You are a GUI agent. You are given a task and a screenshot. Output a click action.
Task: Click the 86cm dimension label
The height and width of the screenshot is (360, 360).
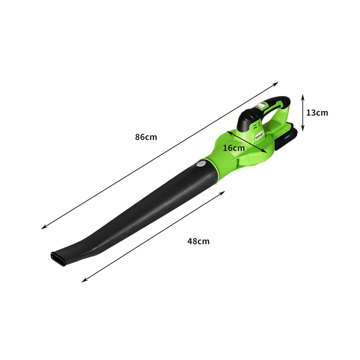(146, 137)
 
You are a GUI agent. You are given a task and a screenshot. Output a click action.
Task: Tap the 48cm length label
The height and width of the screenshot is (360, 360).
(199, 241)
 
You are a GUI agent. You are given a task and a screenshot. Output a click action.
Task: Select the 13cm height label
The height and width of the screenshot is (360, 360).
(317, 113)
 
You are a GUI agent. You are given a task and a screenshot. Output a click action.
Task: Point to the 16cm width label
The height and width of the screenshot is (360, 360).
(234, 148)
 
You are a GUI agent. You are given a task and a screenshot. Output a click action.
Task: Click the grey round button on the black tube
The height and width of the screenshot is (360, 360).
(202, 164)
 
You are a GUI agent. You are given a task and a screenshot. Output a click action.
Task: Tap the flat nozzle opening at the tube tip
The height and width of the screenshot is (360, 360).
(58, 259)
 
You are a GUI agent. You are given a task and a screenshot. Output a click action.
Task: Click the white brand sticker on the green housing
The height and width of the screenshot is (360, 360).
(259, 136)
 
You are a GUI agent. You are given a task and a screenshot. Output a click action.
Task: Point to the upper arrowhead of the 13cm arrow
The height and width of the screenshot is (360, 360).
(303, 97)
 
